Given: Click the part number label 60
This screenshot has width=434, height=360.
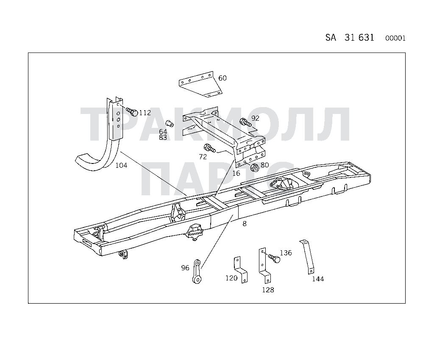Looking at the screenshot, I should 223,78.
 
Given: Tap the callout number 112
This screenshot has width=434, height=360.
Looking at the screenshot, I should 145,113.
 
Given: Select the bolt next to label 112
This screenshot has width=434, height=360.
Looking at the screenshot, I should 132,111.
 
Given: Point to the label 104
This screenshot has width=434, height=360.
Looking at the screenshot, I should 121,165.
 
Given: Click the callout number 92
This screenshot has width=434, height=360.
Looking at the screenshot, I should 255,118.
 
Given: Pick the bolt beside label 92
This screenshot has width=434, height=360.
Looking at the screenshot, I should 245,122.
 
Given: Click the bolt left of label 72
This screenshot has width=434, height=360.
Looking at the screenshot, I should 209,148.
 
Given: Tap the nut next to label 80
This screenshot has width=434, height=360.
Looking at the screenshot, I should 255,168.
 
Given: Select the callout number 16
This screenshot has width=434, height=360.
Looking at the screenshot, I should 236,173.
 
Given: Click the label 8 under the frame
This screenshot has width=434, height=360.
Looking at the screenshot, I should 245,224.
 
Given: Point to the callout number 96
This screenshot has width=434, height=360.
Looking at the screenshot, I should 185,268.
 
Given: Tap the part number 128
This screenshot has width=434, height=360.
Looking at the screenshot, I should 268,290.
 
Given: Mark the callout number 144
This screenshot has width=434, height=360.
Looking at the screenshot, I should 318,279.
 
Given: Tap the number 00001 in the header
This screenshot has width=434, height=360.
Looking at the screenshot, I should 395,38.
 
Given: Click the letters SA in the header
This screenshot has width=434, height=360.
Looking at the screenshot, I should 331,37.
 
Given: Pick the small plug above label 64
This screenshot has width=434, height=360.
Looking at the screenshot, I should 170,124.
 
